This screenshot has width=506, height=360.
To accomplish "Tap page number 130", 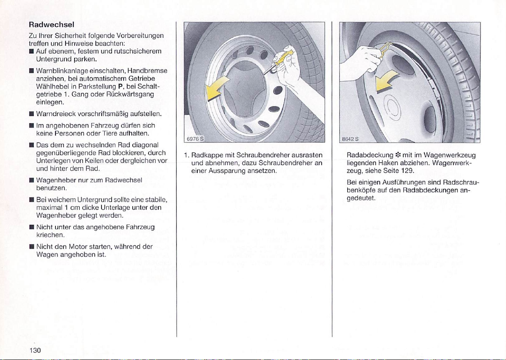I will click(x=41, y=351).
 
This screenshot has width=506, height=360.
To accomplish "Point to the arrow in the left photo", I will click(x=220, y=89).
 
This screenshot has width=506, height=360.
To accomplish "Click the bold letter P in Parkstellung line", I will click(x=113, y=86).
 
